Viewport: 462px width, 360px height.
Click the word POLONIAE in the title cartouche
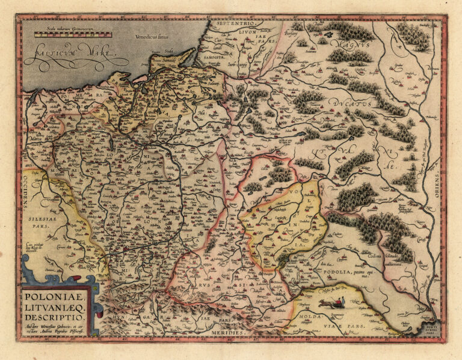(x=55, y=295)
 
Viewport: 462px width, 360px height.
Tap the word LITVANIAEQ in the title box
(x=56, y=306)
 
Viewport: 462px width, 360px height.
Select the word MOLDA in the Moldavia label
(x=306, y=315)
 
